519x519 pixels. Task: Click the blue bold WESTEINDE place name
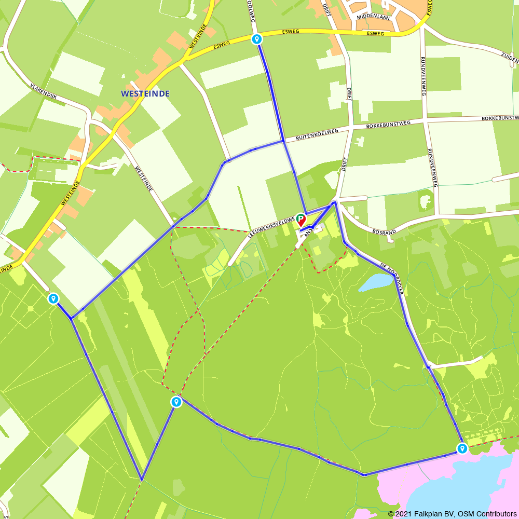(x=145, y=94)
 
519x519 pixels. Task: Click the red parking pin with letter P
(x=301, y=220)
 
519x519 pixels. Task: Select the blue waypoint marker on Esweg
(x=256, y=39)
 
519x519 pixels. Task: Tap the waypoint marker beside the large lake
(x=462, y=448)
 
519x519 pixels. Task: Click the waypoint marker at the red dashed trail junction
(x=176, y=402)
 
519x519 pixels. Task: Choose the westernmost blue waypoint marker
(x=53, y=298)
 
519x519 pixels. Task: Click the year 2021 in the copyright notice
(x=406, y=514)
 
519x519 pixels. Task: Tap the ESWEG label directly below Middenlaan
(x=375, y=33)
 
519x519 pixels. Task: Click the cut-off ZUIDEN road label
(x=510, y=56)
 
